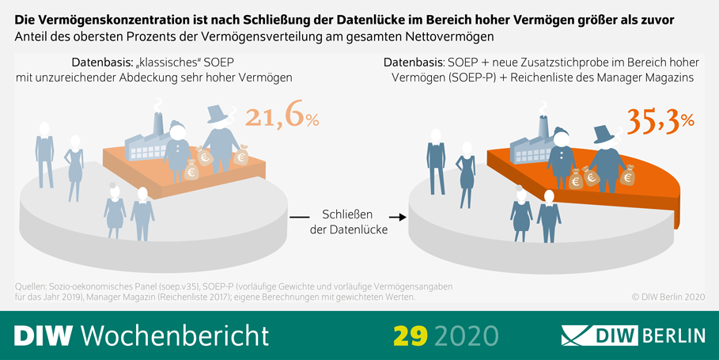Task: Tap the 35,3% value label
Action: (x=660, y=119)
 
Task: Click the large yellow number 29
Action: (x=411, y=335)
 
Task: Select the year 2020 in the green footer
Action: (x=466, y=335)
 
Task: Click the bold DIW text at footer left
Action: (x=43, y=335)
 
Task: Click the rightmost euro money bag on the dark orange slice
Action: (x=627, y=176)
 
